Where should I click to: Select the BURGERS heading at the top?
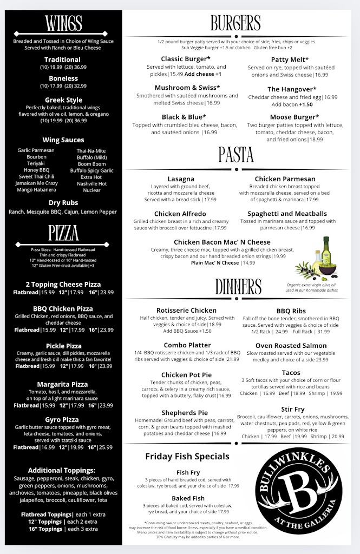click(235, 23)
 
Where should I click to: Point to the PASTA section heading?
click(235, 155)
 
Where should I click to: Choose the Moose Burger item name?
click(294, 117)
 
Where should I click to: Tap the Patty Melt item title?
click(290, 60)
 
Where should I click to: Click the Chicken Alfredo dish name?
click(180, 214)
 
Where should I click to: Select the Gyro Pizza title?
click(63, 419)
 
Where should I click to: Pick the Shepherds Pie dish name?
click(185, 413)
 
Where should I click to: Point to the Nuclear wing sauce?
click(91, 190)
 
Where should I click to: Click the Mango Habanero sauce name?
click(37, 190)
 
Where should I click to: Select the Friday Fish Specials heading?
click(187, 456)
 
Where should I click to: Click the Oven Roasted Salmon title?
click(291, 346)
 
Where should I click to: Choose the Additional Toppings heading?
click(62, 470)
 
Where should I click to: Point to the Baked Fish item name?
click(188, 498)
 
